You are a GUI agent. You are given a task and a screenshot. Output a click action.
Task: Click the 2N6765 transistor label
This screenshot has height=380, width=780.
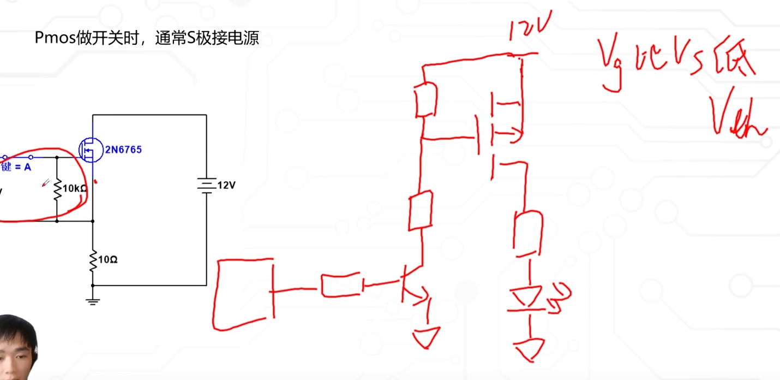[x=124, y=149]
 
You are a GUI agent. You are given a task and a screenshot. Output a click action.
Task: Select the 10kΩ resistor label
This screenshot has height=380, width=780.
[x=75, y=188]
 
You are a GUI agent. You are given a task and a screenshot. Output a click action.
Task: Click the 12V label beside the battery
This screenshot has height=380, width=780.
[x=226, y=185]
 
